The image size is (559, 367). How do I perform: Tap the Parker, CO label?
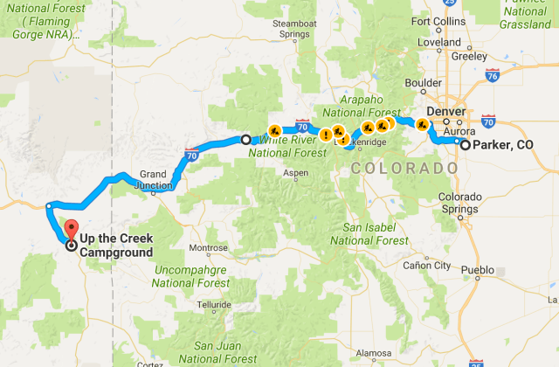502,145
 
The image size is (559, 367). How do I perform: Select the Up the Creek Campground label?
116,246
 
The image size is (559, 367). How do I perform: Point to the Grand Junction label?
153,179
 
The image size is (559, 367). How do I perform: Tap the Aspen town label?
296,173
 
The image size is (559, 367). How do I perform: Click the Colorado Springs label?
459,203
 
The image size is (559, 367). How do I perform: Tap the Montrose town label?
208,247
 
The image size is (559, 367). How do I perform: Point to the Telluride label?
214,304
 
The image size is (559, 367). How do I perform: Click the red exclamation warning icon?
325,135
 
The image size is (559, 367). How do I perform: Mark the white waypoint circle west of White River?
245,139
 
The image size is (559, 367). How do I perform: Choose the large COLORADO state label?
402,168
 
